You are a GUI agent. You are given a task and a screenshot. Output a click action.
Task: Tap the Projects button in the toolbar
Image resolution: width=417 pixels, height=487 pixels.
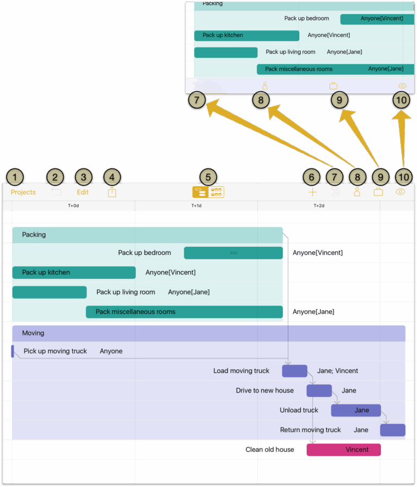coord(23,192)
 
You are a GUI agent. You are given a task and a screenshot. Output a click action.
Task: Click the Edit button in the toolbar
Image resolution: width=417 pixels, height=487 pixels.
coord(83,192)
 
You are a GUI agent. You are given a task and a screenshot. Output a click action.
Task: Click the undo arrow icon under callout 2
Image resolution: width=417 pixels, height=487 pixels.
coord(56,192)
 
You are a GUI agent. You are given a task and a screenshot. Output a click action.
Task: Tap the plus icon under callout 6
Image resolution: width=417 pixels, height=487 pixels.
coord(312,192)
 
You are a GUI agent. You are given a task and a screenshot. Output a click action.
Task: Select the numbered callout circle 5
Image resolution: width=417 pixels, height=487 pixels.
coord(208,177)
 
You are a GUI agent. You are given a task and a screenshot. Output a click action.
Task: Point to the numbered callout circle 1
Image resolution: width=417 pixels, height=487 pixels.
coord(15,177)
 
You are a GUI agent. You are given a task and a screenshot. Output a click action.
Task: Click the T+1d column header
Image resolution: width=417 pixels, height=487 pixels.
coord(196,206)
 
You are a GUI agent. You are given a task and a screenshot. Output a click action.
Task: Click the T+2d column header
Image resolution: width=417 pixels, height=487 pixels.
coord(319,206)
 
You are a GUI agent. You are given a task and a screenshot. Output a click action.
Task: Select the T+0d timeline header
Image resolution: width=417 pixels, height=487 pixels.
coord(73,206)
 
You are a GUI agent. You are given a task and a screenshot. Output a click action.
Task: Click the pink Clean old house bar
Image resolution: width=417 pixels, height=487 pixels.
coord(343,450)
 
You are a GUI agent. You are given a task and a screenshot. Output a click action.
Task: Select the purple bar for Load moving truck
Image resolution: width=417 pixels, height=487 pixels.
coord(294,371)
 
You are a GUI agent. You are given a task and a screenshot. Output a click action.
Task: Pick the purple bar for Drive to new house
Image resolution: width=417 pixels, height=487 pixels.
coord(319,390)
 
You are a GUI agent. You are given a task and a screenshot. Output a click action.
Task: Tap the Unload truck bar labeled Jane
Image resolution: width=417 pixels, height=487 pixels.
coord(356,411)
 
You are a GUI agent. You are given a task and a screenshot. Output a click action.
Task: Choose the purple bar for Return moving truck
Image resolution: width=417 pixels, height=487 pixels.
coord(393,430)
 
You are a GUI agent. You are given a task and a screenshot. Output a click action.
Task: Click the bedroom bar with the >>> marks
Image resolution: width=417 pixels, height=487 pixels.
coord(233,253)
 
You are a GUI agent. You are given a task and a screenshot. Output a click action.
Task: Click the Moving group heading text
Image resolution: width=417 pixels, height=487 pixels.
coord(33,333)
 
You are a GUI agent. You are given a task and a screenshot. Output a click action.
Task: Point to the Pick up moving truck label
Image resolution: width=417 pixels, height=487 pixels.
coord(55,351)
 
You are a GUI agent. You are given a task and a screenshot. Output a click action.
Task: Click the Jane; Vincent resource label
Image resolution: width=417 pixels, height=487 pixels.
coord(337,371)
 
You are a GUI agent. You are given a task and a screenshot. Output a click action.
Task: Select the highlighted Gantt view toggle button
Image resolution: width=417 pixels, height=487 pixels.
coord(200,192)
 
